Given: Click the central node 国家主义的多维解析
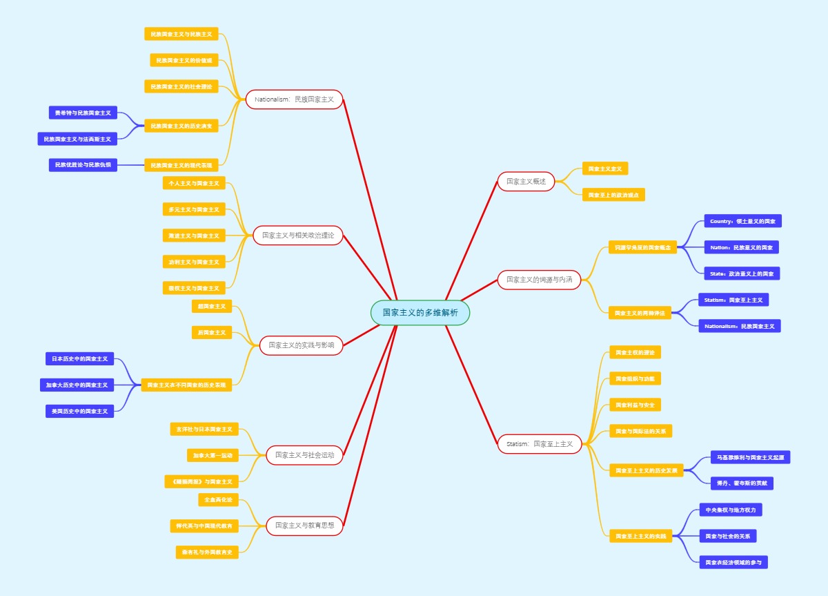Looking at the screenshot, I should (420, 312).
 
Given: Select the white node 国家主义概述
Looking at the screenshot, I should (526, 182).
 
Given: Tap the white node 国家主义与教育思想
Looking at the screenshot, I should (304, 526).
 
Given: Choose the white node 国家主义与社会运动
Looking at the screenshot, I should (304, 455).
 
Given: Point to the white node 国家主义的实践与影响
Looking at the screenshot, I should (301, 345).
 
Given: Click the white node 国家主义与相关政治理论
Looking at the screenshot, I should (297, 235).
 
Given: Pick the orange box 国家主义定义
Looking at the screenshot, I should (605, 169).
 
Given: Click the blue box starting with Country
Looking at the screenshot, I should (742, 221).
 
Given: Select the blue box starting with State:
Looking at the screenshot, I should (742, 273).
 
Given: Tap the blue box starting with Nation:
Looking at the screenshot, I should (741, 247).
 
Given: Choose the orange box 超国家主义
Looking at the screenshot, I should (212, 306).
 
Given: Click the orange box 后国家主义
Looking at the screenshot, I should (212, 332).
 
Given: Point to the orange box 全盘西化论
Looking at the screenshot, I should (218, 499).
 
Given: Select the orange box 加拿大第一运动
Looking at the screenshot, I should (213, 455).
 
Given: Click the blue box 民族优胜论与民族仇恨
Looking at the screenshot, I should (83, 164).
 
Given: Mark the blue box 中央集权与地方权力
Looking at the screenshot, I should (730, 510).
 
